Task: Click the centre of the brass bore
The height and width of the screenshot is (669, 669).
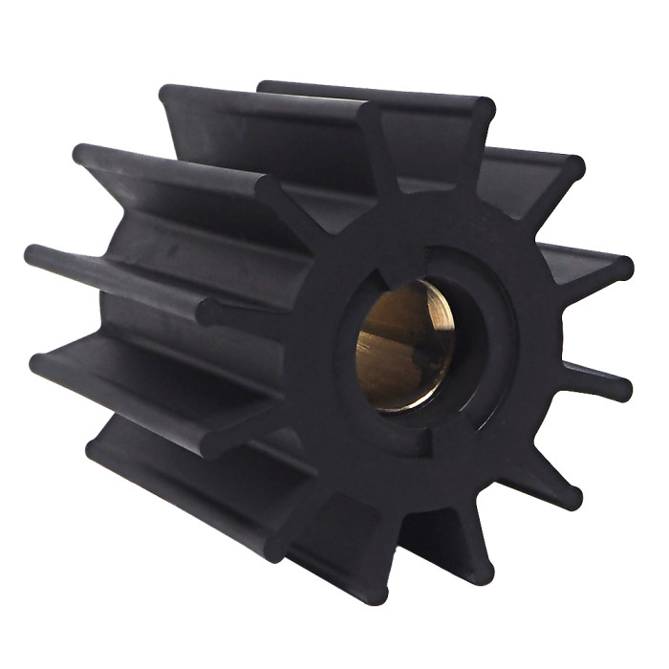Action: coord(403,345)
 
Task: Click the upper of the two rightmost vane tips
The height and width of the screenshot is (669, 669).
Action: coord(621,268)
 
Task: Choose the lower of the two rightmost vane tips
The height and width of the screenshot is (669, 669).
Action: coord(621,387)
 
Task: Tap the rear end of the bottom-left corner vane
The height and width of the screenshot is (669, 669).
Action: coord(96,449)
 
